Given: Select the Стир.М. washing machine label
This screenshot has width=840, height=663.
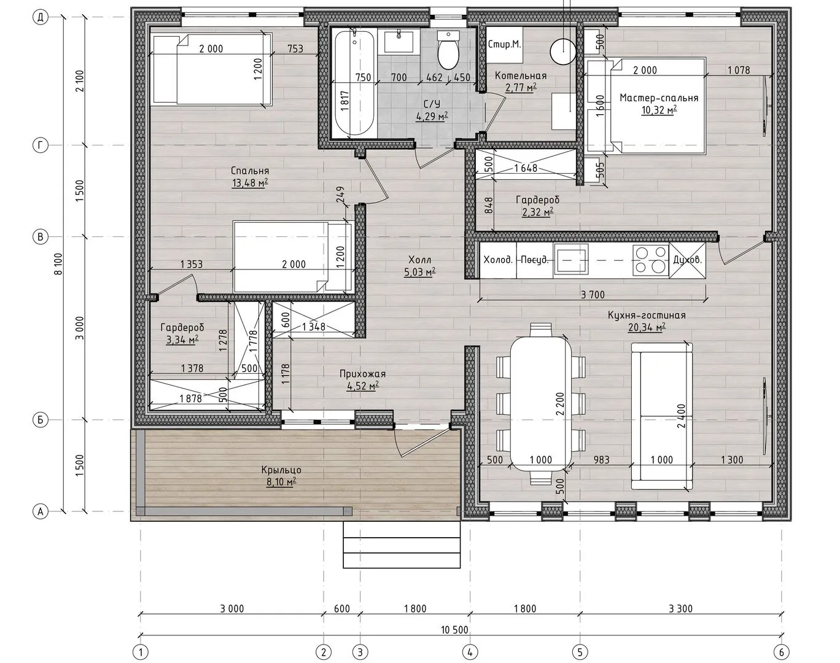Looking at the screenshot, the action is pyautogui.click(x=504, y=44).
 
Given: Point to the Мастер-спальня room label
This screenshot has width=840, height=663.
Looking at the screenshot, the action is pyautogui.click(x=659, y=98).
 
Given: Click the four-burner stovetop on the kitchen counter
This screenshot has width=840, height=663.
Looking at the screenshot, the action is pyautogui.click(x=650, y=260).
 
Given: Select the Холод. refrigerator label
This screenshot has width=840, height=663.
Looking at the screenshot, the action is pyautogui.click(x=498, y=260).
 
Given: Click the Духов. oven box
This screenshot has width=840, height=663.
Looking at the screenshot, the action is pyautogui.click(x=687, y=260).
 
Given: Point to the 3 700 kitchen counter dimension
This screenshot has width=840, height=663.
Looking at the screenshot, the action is pyautogui.click(x=593, y=295).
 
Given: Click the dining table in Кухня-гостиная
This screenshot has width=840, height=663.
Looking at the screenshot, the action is pyautogui.click(x=540, y=403).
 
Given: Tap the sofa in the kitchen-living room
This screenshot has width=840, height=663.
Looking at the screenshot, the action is pyautogui.click(x=662, y=416).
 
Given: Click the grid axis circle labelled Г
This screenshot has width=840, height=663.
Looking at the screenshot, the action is pyautogui.click(x=40, y=145).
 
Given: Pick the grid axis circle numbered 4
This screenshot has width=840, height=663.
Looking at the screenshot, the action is pyautogui.click(x=470, y=652).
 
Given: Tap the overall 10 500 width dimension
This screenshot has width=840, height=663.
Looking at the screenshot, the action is pyautogui.click(x=454, y=629).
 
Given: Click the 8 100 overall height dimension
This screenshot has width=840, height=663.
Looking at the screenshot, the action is pyautogui.click(x=58, y=264).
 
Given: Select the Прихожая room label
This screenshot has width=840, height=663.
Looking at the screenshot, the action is pyautogui.click(x=362, y=374).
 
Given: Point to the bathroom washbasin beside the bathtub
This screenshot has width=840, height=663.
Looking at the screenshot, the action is pyautogui.click(x=399, y=41).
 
